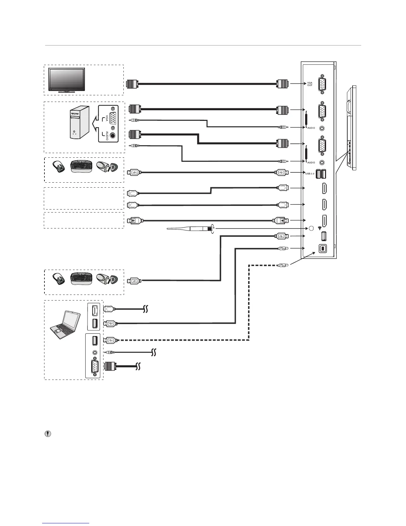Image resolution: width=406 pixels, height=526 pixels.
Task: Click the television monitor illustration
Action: [66, 79]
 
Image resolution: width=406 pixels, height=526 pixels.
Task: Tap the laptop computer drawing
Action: [65, 325]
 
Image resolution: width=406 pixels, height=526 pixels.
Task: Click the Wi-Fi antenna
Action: [189, 229]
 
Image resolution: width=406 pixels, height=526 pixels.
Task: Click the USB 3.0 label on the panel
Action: [309, 173]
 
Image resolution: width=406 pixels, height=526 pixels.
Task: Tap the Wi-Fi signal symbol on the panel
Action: [319, 228]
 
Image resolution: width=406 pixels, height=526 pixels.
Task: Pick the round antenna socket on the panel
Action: [311, 228]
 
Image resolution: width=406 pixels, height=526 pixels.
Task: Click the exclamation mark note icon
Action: [48, 434]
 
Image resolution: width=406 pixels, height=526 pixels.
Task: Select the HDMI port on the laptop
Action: [95, 310]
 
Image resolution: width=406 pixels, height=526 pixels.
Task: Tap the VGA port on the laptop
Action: [95, 366]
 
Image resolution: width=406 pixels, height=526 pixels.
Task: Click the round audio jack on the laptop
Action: [95, 352]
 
